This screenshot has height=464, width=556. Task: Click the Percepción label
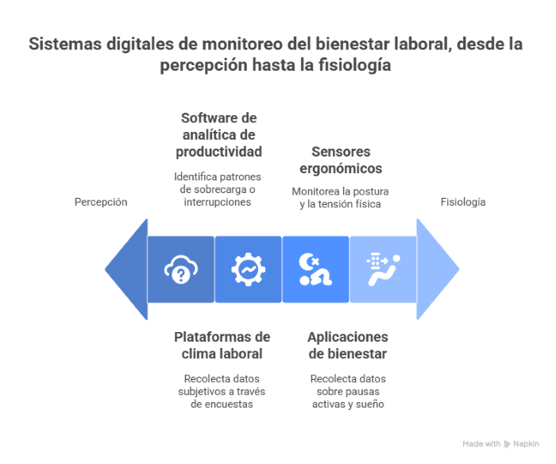(101, 202)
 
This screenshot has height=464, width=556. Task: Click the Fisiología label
(463, 202)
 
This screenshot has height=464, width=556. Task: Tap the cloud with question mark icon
(181, 269)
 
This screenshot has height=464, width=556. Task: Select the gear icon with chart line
(248, 269)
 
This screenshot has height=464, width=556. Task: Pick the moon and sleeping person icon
(315, 269)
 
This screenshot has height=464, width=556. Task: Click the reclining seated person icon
(384, 269)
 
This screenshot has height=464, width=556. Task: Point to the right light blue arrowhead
(437, 269)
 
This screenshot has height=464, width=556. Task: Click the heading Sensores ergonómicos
(341, 160)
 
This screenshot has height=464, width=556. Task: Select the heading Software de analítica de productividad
(218, 135)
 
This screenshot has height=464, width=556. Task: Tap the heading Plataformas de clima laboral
(222, 345)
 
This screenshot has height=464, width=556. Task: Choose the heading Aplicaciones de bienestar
(348, 345)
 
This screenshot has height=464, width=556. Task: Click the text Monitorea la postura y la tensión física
(340, 198)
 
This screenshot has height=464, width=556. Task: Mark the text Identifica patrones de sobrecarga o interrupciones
(218, 189)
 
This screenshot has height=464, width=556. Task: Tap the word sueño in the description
(370, 404)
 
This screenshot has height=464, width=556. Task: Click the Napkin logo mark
(507, 444)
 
